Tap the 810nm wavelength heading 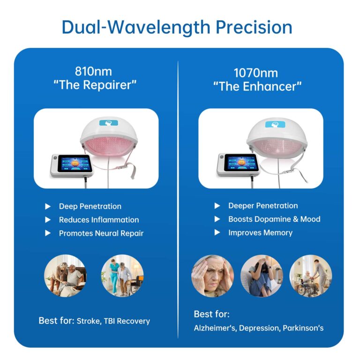pyautogui.click(x=93, y=72)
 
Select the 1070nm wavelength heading pyautogui.click(x=255, y=73)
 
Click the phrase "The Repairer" pyautogui.click(x=93, y=86)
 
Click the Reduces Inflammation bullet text pyautogui.click(x=99, y=219)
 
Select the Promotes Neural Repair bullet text pyautogui.click(x=101, y=233)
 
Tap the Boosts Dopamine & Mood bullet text pyautogui.click(x=274, y=219)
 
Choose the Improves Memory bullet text pyautogui.click(x=260, y=232)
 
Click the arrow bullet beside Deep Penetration pyautogui.click(x=48, y=206)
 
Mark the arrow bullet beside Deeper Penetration pyautogui.click(x=217, y=206)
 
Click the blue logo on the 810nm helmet pyautogui.click(x=107, y=122)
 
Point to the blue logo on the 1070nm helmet pyautogui.click(x=273, y=124)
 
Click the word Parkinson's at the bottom pyautogui.click(x=303, y=328)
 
